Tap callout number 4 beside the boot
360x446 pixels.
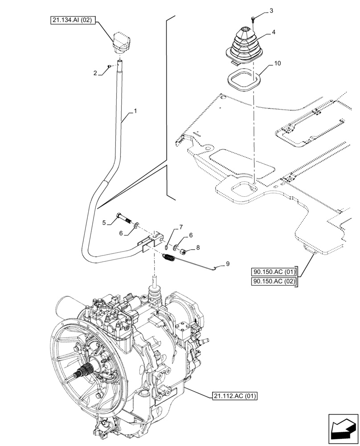pos(274,33)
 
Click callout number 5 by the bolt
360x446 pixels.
pos(103,222)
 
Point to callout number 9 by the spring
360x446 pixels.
pos(227,264)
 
